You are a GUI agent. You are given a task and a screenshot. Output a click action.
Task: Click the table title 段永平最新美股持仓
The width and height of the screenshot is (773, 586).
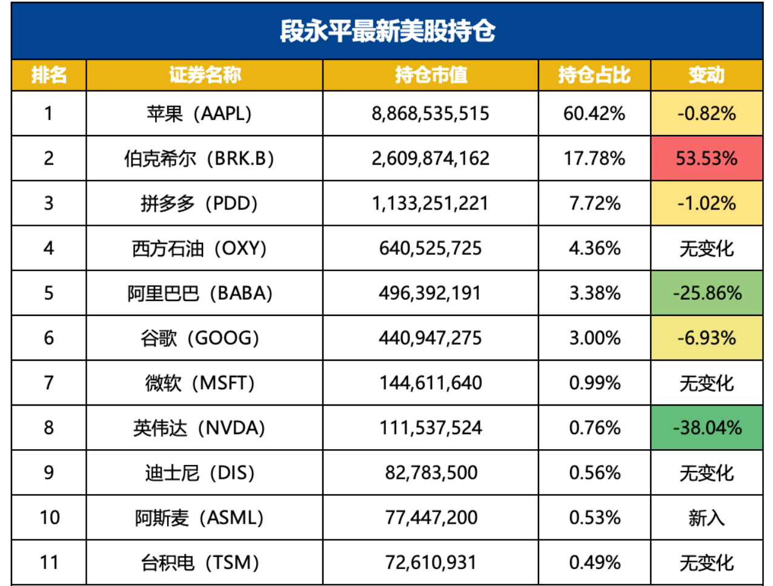click(387, 31)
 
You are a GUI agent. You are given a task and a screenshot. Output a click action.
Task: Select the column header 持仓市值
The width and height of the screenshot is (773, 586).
click(431, 75)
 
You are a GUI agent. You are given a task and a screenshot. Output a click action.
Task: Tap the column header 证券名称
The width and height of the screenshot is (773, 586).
click(205, 75)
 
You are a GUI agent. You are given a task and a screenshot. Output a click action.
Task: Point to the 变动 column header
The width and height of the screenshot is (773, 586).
click(706, 75)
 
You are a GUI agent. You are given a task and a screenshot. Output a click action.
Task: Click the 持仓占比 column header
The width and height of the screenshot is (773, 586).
click(594, 75)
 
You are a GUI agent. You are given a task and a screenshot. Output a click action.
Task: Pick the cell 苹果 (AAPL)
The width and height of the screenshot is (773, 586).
click(199, 113)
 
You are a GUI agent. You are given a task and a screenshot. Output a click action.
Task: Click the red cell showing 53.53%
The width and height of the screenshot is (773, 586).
click(706, 158)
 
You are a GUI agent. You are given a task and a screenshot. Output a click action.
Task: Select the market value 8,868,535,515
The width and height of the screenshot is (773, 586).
click(430, 113)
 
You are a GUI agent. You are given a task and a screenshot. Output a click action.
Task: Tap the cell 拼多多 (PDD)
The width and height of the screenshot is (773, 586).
click(199, 203)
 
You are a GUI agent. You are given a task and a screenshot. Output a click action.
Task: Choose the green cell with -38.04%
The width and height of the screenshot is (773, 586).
click(706, 428)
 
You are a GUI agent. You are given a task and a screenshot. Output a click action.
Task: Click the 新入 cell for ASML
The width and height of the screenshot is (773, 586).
click(706, 518)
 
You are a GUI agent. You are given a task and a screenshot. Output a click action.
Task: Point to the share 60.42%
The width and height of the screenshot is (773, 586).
click(594, 113)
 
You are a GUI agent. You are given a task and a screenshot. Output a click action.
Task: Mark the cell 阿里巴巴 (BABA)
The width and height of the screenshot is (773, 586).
click(199, 293)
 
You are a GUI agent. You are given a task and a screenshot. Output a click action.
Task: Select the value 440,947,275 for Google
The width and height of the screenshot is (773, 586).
click(430, 338)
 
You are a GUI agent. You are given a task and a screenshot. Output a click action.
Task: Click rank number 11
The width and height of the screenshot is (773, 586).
click(49, 562)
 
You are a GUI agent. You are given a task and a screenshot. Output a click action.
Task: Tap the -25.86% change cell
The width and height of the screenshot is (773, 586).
click(706, 293)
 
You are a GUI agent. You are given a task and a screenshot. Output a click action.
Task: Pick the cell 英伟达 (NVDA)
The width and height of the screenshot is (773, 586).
click(199, 428)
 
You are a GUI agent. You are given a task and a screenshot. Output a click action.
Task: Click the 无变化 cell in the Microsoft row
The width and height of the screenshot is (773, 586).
click(706, 383)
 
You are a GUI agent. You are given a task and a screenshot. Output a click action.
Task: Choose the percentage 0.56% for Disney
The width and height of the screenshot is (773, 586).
click(594, 473)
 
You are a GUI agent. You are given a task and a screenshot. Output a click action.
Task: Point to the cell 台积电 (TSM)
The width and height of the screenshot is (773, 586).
click(199, 562)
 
